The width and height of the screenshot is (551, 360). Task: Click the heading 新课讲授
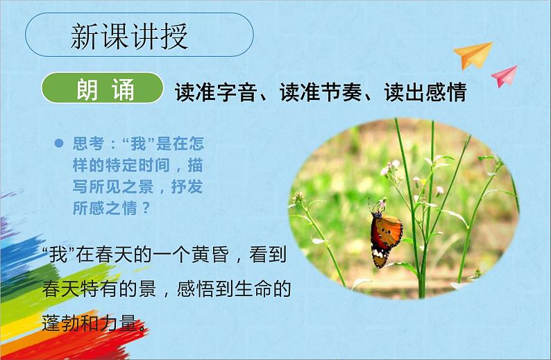pyautogui.click(x=130, y=37)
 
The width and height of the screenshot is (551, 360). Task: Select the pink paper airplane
pyautogui.click(x=505, y=75)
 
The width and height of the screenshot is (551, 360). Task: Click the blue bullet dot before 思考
pyautogui.click(x=59, y=144)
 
